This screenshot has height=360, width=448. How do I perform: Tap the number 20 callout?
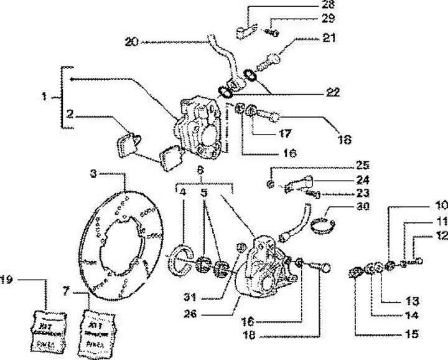131,42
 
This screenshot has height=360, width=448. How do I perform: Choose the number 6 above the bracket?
200,170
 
